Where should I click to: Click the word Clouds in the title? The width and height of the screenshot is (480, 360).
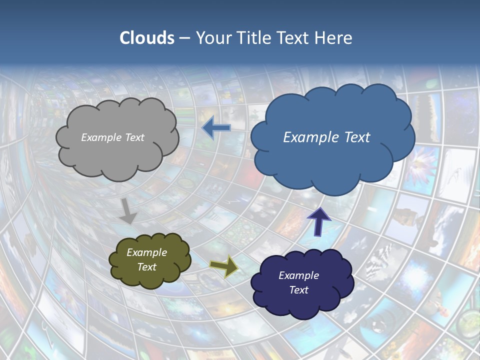pos(146,38)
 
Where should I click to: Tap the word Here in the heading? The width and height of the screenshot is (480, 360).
pos(334,38)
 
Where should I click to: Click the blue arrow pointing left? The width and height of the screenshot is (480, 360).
pos(215,128)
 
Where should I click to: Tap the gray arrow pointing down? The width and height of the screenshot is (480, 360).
pos(128,210)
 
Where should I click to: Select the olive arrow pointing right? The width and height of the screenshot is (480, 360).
pos(223,265)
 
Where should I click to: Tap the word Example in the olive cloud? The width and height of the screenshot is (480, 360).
pos(146,252)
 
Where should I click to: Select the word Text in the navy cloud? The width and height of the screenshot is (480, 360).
pos(298,290)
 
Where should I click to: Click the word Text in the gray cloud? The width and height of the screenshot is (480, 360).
pos(134,137)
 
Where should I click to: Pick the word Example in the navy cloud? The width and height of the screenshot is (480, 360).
pos(298,275)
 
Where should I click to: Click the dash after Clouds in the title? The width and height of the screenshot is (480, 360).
pos(184,38)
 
